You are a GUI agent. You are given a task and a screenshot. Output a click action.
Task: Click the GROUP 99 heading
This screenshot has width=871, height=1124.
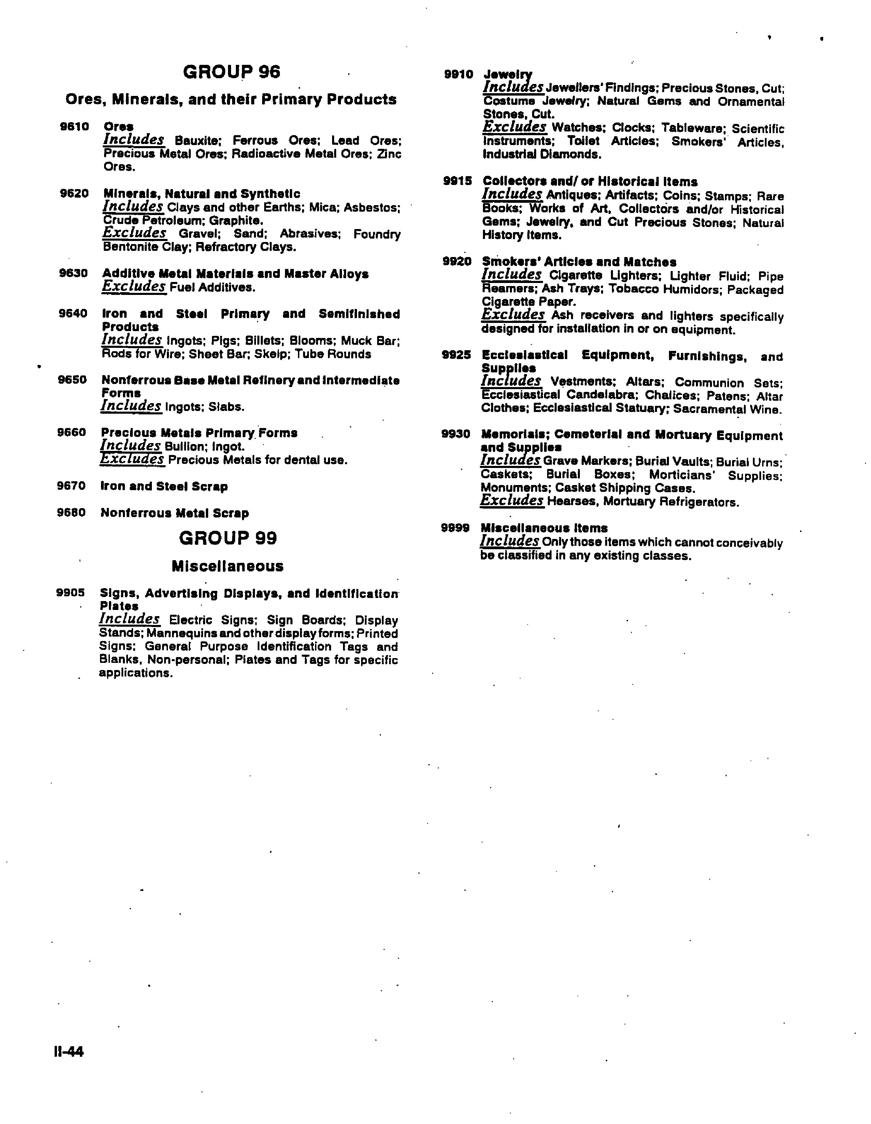tap(228, 538)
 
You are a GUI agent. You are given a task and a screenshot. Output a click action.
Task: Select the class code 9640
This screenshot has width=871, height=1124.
tap(73, 313)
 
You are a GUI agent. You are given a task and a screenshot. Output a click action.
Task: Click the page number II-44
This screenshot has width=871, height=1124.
tap(69, 1051)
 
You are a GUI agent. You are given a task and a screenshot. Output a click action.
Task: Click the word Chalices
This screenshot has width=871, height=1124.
tap(671, 396)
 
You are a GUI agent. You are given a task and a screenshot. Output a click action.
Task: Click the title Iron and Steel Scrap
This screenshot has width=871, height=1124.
tap(164, 486)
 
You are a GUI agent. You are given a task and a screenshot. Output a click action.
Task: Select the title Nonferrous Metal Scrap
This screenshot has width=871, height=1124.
tap(174, 513)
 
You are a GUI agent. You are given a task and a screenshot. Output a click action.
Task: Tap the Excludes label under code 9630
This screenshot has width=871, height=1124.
tap(134, 287)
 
